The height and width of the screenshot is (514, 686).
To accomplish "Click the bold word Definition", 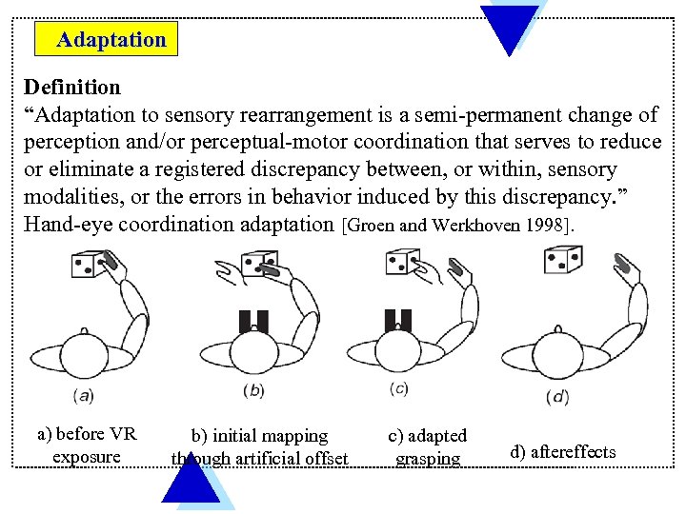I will [72, 88].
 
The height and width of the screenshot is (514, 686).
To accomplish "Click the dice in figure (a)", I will [91, 265].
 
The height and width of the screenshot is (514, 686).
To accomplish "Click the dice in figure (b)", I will [258, 264].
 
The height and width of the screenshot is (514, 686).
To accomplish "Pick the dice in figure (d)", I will [561, 260].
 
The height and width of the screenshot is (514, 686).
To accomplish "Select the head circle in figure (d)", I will [559, 353].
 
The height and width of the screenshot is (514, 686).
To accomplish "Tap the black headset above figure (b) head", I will [254, 321].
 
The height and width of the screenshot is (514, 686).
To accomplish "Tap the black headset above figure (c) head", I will [398, 320].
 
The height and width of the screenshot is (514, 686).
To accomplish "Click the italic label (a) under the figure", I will [83, 395].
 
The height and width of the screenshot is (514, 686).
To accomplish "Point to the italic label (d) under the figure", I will [558, 395].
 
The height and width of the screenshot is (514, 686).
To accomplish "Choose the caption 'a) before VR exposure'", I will [87, 445].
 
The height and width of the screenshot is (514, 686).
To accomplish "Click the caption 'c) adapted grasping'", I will [428, 447].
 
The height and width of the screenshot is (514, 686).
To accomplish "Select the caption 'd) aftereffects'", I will [563, 452].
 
